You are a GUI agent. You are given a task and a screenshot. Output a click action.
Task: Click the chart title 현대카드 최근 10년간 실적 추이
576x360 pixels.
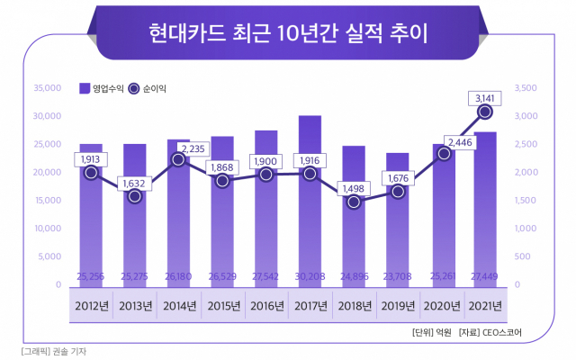(x=288, y=33)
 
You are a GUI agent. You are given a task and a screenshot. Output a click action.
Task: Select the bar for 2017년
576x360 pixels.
(x=310, y=198)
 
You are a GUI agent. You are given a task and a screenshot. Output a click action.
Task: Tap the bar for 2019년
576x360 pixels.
(x=397, y=216)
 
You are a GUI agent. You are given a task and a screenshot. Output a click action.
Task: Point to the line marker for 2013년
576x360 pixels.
(x=135, y=195)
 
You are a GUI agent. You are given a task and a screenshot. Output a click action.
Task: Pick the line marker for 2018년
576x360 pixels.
(x=354, y=202)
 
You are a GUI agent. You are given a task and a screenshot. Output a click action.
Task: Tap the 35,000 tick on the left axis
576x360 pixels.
(x=46, y=88)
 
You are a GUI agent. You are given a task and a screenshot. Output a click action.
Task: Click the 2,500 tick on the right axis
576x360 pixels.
(x=527, y=144)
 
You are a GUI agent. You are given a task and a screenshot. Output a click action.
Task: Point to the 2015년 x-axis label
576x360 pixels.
(x=222, y=306)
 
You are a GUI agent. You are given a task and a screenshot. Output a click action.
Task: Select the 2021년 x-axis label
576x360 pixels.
(x=485, y=306)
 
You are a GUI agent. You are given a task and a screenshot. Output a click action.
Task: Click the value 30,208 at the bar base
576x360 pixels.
(x=310, y=274)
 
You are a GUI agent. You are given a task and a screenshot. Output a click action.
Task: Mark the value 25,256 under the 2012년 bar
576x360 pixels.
(x=91, y=274)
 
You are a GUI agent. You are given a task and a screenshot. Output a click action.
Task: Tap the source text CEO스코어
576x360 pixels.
(x=502, y=334)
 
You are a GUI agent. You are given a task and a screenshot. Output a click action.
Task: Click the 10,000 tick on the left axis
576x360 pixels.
(x=46, y=229)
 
